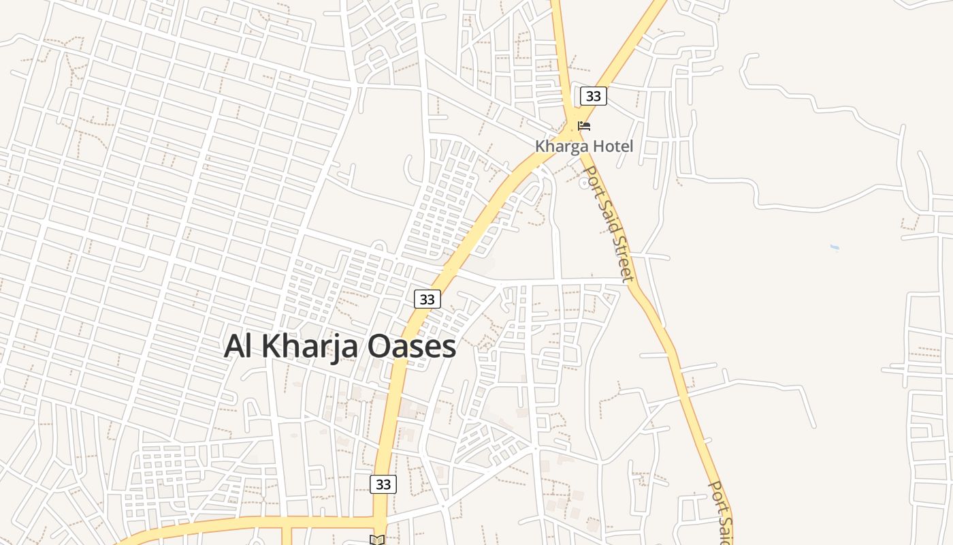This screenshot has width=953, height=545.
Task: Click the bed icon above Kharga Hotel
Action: click(x=584, y=126)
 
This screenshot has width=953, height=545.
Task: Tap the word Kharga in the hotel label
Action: click(x=560, y=146)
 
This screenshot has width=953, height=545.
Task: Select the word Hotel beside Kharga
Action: click(x=611, y=146)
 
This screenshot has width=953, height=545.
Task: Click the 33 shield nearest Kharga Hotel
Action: click(x=593, y=96)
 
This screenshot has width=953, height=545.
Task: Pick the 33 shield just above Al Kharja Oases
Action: click(x=427, y=299)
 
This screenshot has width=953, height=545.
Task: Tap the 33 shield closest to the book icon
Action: click(x=383, y=484)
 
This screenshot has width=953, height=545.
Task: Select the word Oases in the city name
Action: click(x=412, y=346)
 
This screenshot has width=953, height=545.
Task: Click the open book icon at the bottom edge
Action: click(x=377, y=540)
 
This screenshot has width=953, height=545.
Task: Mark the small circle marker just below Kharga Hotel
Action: click(x=583, y=183)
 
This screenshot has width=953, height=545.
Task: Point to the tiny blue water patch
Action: click(x=835, y=247)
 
